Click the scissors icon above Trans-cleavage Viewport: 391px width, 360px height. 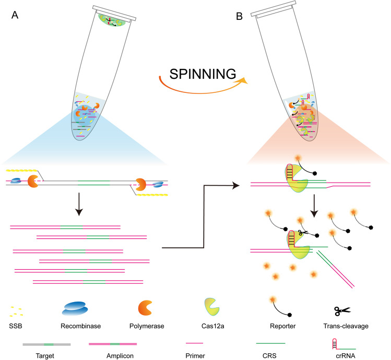point(342,311)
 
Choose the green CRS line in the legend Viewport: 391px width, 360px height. point(270,343)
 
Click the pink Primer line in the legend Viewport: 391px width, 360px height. point(195,343)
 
